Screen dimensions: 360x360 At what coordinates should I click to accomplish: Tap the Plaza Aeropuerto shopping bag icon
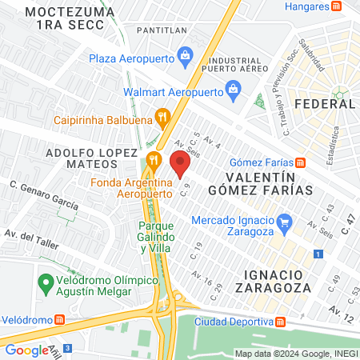tap(185, 56)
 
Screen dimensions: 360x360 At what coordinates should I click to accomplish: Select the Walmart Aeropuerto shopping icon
tap(232, 88)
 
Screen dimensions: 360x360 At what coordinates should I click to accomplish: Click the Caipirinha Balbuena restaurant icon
tap(163, 118)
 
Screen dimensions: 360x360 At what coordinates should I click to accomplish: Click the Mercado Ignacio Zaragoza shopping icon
tap(283, 222)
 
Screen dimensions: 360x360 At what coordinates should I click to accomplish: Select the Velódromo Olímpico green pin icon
tap(46, 284)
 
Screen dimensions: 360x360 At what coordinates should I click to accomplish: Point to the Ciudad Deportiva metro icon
tap(280, 322)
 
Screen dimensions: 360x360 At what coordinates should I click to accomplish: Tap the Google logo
tap(26, 350)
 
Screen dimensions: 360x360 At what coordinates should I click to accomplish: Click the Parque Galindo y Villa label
tap(151, 237)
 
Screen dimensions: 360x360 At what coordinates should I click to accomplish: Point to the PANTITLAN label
tap(162, 30)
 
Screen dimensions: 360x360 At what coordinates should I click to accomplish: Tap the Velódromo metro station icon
tap(58, 319)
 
